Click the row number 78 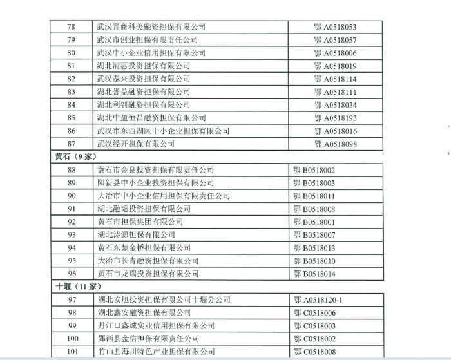[71, 27]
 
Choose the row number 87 [71, 144]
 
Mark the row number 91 [71, 209]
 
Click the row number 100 [71, 339]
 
